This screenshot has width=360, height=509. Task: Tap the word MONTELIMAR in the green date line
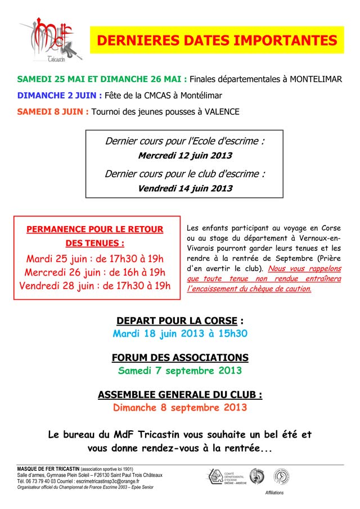(x=316, y=79)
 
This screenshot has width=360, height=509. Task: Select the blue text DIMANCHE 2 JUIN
(x=60, y=96)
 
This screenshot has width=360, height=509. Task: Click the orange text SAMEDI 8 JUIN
(x=52, y=111)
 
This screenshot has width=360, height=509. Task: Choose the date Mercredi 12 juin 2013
(x=184, y=155)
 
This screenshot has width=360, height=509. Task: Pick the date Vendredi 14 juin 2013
(x=184, y=188)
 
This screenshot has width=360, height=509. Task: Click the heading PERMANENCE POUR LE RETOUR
(x=94, y=229)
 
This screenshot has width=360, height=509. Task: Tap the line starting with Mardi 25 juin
(x=94, y=259)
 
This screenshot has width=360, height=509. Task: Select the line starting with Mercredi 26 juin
(x=94, y=272)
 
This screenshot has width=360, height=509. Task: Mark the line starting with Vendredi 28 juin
(x=94, y=286)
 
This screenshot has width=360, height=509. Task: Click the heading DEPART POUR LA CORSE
(x=177, y=321)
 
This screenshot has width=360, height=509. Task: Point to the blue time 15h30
(x=231, y=334)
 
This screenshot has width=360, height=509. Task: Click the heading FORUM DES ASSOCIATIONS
(x=180, y=358)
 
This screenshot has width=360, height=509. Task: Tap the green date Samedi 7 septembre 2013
(x=180, y=371)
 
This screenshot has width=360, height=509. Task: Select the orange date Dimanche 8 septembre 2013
(x=180, y=408)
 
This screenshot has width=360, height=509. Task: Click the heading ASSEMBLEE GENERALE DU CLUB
(x=180, y=395)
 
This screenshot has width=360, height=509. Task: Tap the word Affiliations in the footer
(x=274, y=493)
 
